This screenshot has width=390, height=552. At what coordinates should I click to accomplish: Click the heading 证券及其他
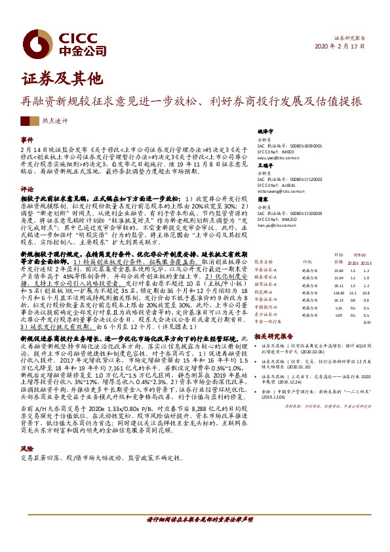(62, 78)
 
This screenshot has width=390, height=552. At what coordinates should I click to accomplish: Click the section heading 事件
(27, 140)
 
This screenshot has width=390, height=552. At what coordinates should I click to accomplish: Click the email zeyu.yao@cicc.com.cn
(277, 158)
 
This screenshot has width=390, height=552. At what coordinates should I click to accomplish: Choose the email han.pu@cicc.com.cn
(275, 225)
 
